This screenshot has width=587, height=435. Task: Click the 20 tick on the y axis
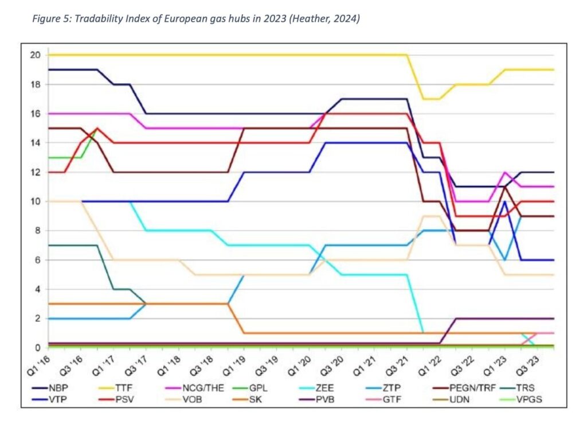coord(36,55)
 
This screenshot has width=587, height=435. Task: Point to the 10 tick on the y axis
coord(36,201)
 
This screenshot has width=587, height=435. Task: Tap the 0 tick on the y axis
coord(38,348)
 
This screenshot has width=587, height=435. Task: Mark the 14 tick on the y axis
coord(36,143)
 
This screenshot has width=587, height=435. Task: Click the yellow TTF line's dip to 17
coord(431,99)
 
